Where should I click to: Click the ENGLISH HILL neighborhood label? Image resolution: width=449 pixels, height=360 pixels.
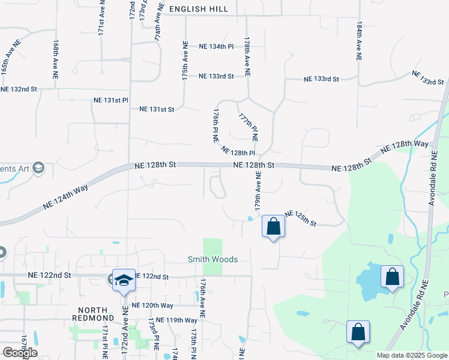199,9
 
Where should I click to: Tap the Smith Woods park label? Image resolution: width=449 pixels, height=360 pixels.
212,259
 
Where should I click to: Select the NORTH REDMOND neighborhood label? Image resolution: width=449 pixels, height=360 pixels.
92,313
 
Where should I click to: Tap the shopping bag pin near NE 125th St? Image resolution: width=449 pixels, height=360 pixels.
273,227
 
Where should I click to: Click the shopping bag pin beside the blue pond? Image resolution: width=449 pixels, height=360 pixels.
392,277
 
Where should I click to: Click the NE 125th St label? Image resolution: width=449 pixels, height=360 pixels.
300,218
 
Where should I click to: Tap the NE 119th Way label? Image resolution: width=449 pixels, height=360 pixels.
177,320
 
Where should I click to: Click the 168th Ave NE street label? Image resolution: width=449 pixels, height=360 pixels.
55,61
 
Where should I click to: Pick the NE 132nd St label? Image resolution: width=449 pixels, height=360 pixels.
19,89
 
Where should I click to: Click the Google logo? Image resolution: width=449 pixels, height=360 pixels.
20,353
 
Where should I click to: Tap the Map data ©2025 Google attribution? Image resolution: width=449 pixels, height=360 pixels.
412,355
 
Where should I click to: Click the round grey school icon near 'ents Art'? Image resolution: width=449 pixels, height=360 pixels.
39,167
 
